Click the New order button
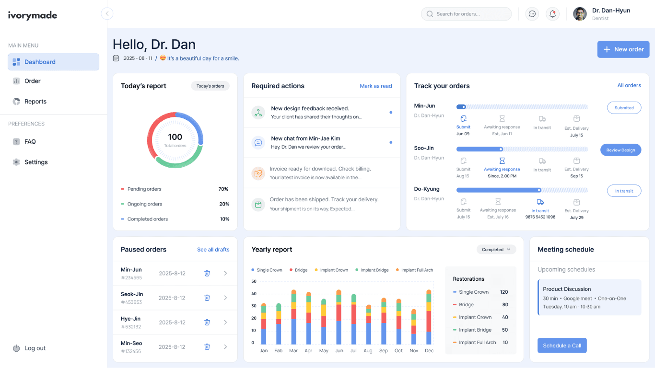623,49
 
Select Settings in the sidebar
35,162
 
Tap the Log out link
35,348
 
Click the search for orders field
466,14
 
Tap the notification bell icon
552,14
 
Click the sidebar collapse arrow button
107,14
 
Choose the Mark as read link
375,86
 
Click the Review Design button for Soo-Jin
620,150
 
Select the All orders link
629,85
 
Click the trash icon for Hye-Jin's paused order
207,322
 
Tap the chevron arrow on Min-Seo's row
225,346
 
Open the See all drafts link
213,250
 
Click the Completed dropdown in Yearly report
496,250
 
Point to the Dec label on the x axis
429,351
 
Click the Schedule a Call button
562,345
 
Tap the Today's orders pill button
210,86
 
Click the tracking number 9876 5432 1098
540,217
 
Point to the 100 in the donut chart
175,137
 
